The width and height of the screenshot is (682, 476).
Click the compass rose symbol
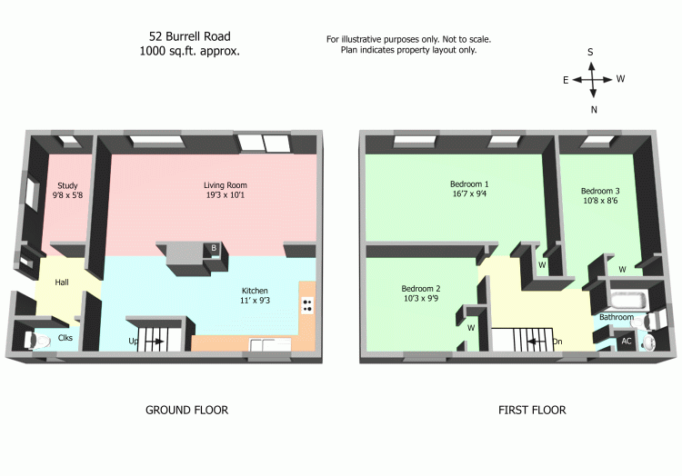pos(592,80)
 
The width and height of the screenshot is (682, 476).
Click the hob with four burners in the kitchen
pos(307,305)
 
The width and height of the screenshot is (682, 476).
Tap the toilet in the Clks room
pos(37,341)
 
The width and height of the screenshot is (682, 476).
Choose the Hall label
pos(62,283)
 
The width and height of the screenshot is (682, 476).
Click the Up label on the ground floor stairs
pos(134,342)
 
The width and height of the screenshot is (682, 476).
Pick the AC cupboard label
pos(626,341)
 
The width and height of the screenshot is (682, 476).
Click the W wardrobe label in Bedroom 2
pos(472,327)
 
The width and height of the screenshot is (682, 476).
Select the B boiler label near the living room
pos(214,248)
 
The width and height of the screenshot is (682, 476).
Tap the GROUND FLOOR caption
pos(186,411)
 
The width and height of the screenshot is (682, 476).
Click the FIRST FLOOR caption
pos(532,411)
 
